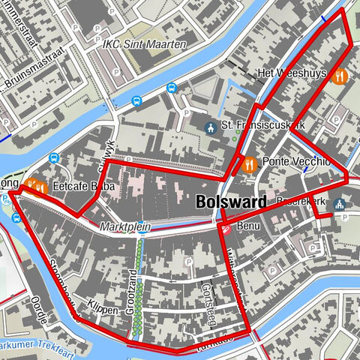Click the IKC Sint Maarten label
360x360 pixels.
point(145,45)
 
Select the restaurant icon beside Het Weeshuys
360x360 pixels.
point(339,75)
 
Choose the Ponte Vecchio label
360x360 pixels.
point(296,162)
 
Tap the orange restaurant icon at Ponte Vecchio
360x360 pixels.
point(248,163)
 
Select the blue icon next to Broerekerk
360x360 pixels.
point(339,203)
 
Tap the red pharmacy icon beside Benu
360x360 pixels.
point(224,226)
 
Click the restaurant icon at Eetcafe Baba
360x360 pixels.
point(34,186)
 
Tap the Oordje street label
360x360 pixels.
point(40,308)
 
